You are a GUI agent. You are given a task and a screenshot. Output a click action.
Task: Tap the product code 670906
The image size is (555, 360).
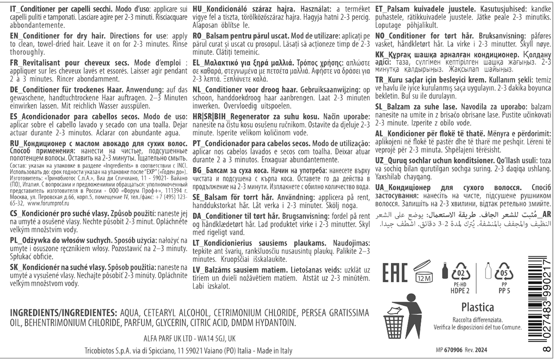coord(459,350)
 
